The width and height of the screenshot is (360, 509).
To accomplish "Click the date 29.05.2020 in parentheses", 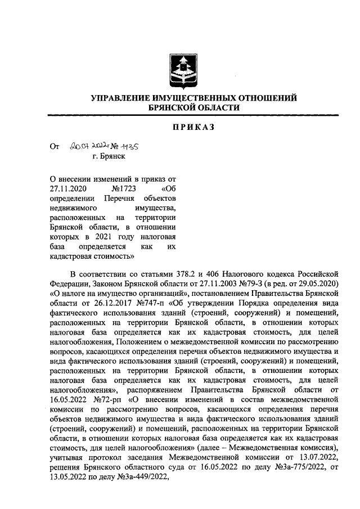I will pyautogui.click(x=316, y=285).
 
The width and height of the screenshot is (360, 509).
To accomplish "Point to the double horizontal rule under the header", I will pyautogui.click(x=194, y=115).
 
